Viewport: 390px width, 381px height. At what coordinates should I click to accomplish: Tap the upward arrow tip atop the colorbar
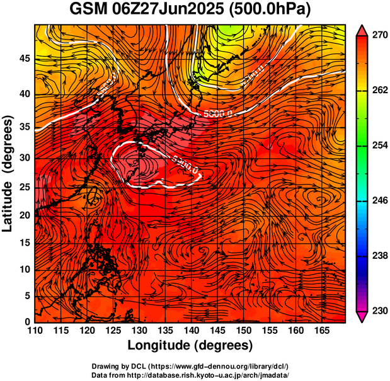click(x=363, y=30)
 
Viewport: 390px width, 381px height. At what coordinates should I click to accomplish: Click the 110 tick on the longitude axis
click(x=35, y=331)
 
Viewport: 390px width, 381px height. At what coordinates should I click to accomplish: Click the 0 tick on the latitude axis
click(x=27, y=322)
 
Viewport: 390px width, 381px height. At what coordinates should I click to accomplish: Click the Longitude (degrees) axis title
click(x=190, y=345)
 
